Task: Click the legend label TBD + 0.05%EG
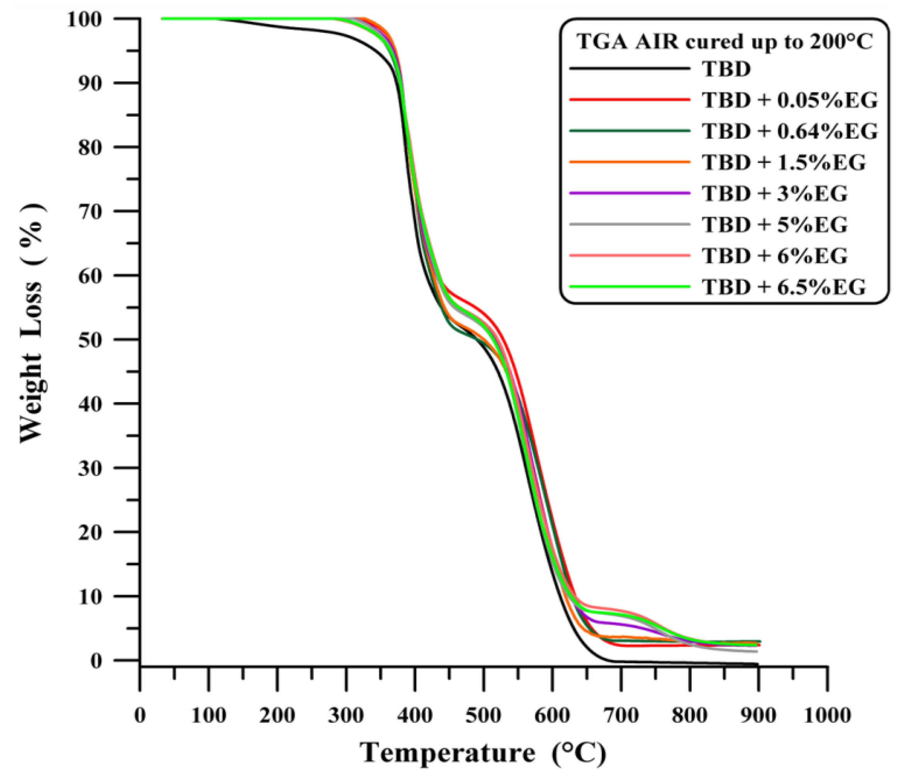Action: [790, 100]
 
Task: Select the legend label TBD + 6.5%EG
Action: [784, 287]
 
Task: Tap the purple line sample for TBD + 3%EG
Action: [630, 193]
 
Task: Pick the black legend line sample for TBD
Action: [630, 68]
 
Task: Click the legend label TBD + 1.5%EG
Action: [784, 163]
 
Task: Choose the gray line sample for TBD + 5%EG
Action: [630, 224]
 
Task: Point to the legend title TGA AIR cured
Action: [724, 42]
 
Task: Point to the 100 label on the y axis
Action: [90, 19]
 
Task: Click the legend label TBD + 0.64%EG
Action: [790, 131]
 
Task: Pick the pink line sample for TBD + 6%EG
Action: [630, 255]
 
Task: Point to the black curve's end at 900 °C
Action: [757, 664]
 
